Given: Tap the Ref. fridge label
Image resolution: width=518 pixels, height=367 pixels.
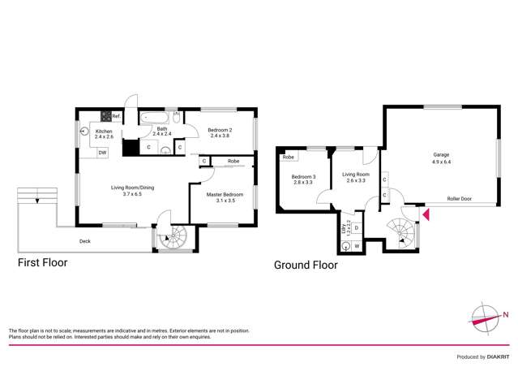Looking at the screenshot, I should click(x=117, y=117).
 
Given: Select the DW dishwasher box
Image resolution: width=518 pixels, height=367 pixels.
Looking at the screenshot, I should click(x=102, y=152).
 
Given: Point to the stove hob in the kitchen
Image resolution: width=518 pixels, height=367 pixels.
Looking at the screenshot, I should click(x=105, y=117).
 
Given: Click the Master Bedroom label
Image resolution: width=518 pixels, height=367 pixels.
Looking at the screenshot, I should click(x=224, y=194).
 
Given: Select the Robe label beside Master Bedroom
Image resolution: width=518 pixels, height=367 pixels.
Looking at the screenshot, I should click(x=233, y=162).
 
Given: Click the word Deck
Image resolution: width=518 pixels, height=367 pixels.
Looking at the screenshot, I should click(x=85, y=241).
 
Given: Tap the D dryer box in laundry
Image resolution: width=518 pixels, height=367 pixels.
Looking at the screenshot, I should click(x=357, y=228).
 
